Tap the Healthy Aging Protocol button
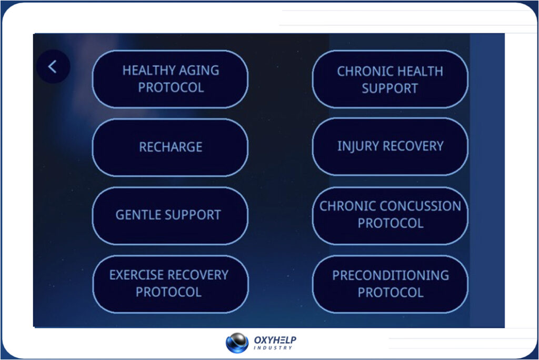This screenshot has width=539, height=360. click(x=170, y=79)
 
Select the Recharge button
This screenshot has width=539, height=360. click(x=170, y=147)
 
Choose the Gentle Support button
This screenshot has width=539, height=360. click(x=170, y=216)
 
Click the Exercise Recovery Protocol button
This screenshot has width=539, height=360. click(x=170, y=284)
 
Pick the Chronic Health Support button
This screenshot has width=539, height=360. click(x=390, y=79)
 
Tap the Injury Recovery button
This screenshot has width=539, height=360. click(x=390, y=147)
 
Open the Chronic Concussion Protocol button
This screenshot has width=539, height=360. click(x=390, y=216)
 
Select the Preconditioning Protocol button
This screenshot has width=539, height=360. click(x=390, y=284)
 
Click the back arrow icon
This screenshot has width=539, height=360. click(x=53, y=67)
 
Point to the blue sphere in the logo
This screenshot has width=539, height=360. click(x=237, y=343)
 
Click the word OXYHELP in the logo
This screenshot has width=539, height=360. click(x=275, y=340)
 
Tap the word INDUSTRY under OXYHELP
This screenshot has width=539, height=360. click(x=273, y=348)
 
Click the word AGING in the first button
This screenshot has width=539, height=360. click(x=198, y=71)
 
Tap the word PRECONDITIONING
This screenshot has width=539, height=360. click(x=391, y=275)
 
